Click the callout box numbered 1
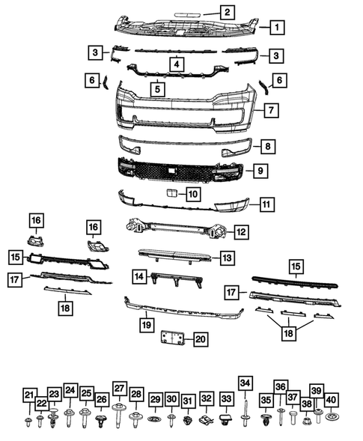click(276, 28)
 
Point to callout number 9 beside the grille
click(258, 171)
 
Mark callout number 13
click(226, 258)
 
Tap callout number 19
click(147, 325)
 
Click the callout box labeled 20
click(200, 339)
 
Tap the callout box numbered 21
click(28, 395)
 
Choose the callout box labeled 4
click(175, 64)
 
